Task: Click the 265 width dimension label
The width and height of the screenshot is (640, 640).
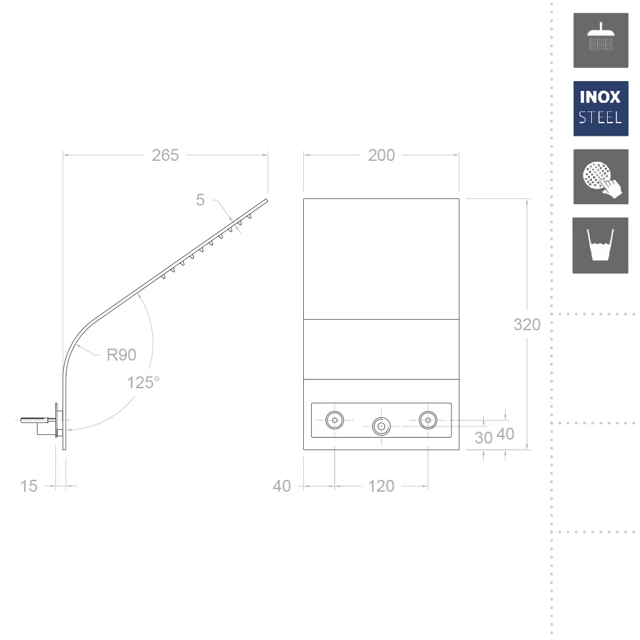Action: point(165,155)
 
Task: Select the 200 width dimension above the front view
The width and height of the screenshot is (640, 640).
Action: point(381,155)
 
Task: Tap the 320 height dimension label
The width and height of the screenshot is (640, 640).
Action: point(527,324)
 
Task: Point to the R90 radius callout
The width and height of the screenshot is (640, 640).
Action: point(121,355)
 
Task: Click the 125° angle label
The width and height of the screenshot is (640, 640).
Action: point(143,382)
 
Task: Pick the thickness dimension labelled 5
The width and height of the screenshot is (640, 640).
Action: point(200,200)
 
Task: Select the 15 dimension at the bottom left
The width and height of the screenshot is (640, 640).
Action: point(28,486)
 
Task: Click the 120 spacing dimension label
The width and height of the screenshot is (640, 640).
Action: point(381,486)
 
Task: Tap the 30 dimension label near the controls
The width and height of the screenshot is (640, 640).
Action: point(484,438)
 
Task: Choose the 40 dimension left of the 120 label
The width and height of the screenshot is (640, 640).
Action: point(281,486)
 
